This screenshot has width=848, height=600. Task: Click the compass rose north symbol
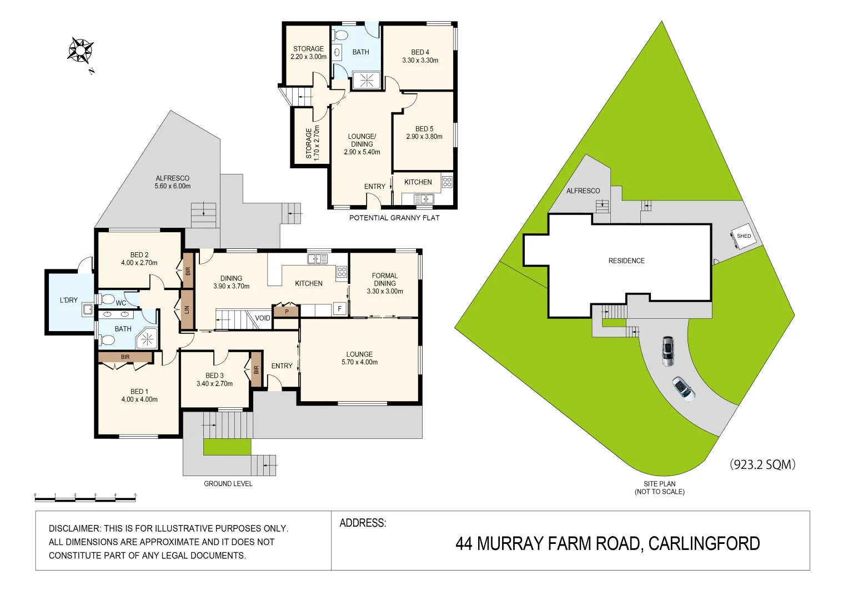point(81,51)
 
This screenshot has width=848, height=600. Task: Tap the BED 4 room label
point(420,52)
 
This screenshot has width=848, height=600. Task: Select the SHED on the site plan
point(743,236)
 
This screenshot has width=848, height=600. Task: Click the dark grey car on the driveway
point(668,351)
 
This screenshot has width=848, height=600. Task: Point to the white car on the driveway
point(683,389)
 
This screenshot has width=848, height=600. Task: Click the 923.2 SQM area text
point(762,464)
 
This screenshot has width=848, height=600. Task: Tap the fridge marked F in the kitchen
point(339,309)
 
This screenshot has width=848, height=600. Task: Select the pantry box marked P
point(287,312)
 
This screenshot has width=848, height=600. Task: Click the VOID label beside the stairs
point(262,318)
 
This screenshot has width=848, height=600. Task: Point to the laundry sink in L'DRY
point(88,309)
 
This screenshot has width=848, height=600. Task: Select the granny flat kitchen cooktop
point(447,182)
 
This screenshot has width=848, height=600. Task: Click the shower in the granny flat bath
point(367,81)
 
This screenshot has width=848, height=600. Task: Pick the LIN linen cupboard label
point(187,309)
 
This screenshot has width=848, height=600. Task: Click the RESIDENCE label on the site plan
point(626,261)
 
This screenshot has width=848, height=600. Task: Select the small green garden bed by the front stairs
point(227,447)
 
